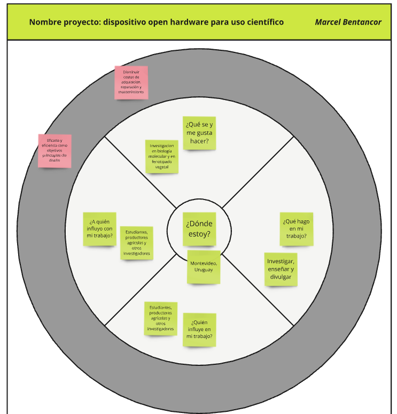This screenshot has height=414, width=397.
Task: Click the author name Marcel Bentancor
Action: pyautogui.click(x=348, y=22)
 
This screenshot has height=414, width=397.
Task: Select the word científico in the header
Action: pyautogui.click(x=262, y=22)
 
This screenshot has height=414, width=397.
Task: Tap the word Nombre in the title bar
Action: pyautogui.click(x=44, y=22)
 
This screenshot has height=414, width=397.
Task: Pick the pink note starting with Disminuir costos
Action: pyautogui.click(x=131, y=82)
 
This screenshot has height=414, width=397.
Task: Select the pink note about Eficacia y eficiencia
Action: pyautogui.click(x=55, y=150)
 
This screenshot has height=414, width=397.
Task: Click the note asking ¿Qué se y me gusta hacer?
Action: pyautogui.click(x=199, y=133)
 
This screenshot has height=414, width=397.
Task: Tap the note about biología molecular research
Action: pyautogui.click(x=162, y=156)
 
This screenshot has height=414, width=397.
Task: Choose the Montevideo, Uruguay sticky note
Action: pyautogui.click(x=203, y=266)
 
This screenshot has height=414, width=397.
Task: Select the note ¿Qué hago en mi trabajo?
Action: pyautogui.click(x=297, y=228)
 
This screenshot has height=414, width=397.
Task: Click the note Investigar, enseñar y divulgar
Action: pyautogui.click(x=281, y=269)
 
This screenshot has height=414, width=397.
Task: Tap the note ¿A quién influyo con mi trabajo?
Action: pyautogui.click(x=99, y=228)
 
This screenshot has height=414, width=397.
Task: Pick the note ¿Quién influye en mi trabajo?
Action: pyautogui.click(x=199, y=329)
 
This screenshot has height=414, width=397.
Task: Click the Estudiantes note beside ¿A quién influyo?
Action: pyautogui.click(x=136, y=243)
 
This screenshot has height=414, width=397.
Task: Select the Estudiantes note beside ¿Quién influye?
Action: pyautogui.click(x=160, y=318)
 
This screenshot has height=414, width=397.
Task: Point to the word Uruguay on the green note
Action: pyautogui.click(x=203, y=270)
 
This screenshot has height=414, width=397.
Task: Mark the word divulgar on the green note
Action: pyautogui.click(x=281, y=277)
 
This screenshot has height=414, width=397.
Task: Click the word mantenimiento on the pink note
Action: pyautogui.click(x=131, y=92)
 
